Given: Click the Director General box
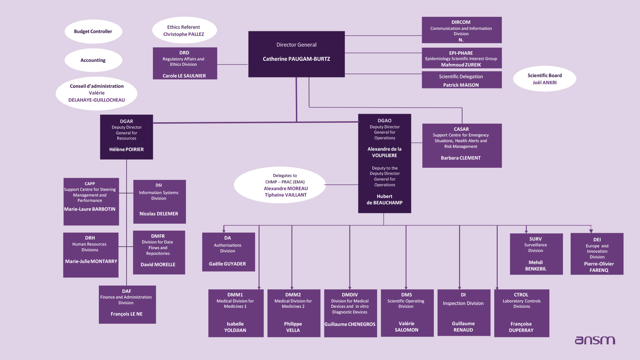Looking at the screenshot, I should click(296, 54).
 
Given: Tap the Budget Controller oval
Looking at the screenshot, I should click(93, 32).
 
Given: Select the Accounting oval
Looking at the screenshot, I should click(93, 60).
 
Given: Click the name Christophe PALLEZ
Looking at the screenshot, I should click(183, 34).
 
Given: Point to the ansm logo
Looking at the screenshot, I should click(595, 340).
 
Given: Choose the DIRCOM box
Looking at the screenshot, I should click(462, 30).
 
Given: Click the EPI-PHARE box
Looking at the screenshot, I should click(462, 58).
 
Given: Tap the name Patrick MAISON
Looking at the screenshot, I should click(461, 85).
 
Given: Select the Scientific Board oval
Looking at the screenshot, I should click(544, 79).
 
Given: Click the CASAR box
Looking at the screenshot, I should click(462, 145).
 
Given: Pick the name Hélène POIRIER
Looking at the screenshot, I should click(127, 150).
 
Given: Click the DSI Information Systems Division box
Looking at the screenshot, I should click(159, 202).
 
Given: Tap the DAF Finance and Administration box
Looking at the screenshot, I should click(127, 305).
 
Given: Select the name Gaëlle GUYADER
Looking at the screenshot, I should click(228, 264).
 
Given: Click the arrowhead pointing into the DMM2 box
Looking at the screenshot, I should click(292, 288).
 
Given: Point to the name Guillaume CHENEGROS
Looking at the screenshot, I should click(350, 324).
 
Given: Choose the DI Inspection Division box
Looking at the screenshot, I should click(464, 313).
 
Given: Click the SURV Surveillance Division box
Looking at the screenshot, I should click(536, 254).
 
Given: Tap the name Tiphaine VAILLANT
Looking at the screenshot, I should click(286, 195).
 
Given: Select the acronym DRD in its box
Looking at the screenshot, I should click(184, 53).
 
